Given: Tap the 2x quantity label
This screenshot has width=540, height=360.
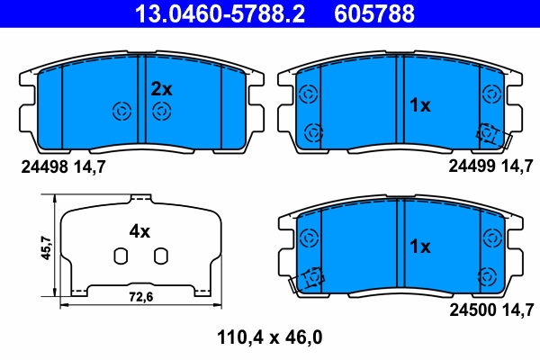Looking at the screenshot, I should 161,88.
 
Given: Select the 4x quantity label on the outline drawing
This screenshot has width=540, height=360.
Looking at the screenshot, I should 139,230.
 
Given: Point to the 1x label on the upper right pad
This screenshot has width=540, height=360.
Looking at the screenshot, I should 420,105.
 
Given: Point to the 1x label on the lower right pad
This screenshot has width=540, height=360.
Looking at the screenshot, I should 420,246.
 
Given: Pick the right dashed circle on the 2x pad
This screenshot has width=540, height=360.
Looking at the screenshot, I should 161,111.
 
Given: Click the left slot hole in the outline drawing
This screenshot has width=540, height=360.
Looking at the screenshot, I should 120,256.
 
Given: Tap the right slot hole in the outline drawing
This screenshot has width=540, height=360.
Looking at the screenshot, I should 160,256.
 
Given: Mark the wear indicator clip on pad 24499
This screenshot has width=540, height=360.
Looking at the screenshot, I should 490,133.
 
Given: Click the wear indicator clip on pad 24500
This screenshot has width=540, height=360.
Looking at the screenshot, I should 311,279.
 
